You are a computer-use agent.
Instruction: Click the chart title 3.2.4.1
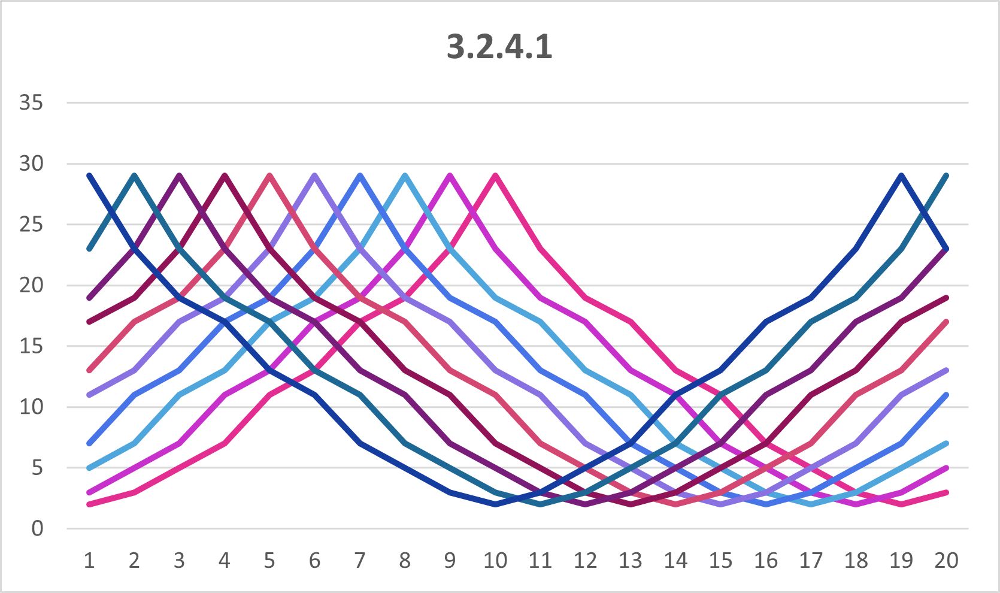(x=499, y=47)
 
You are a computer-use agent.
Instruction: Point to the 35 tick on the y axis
(x=31, y=103)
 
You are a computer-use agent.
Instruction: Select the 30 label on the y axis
(x=31, y=164)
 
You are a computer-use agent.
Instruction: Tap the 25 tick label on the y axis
(x=31, y=225)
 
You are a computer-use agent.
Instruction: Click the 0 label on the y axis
(x=37, y=528)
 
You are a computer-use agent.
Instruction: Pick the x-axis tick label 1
(x=89, y=561)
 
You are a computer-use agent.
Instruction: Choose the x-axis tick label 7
(x=360, y=561)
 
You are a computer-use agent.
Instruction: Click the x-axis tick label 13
(x=630, y=561)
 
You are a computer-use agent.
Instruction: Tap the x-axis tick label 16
(x=765, y=561)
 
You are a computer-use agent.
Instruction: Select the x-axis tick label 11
(x=540, y=561)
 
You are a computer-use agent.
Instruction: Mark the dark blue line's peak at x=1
(x=89, y=176)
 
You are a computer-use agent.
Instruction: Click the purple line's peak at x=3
(x=180, y=176)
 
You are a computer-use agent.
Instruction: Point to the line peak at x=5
(x=269, y=176)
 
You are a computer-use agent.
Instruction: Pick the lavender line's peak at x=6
(x=315, y=176)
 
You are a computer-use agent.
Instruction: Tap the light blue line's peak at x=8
(x=405, y=176)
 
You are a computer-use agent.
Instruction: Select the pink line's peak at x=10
(x=495, y=176)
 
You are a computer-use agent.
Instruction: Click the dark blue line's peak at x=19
(x=901, y=176)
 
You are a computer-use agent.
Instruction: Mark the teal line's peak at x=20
(x=946, y=176)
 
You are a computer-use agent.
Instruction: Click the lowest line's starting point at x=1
(x=89, y=504)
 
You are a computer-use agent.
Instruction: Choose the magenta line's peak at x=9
(x=450, y=176)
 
